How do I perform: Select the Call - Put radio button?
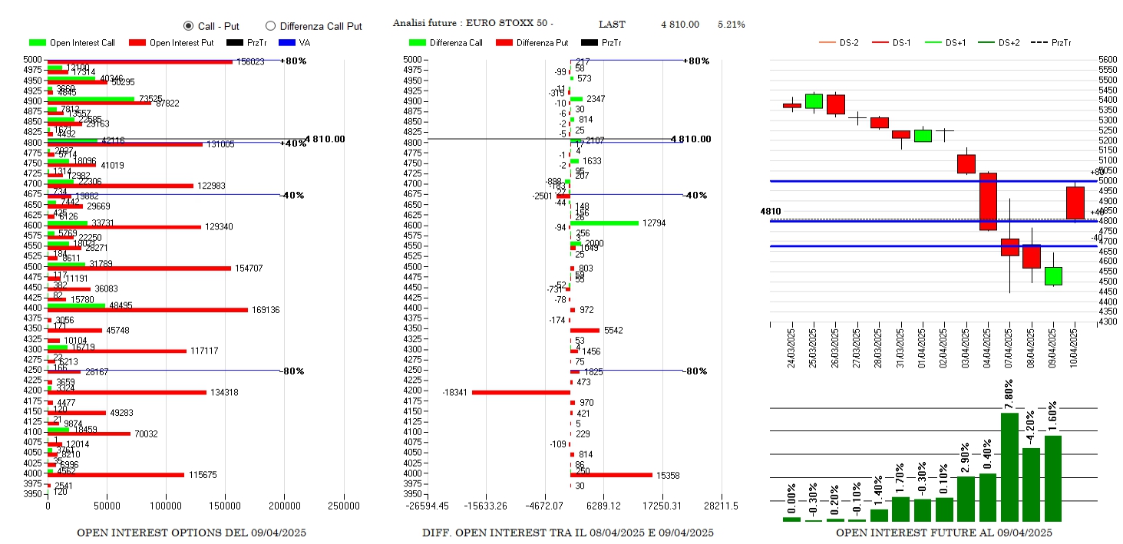189,26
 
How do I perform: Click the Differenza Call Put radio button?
270,26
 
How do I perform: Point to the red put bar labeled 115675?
115,475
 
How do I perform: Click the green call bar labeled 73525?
91,99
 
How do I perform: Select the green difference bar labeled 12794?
604,223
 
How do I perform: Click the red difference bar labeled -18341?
521,392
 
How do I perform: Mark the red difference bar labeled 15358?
611,475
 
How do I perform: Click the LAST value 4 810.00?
679,25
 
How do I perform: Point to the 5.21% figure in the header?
731,25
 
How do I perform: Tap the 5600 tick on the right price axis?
1108,60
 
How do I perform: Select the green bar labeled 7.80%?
1009,467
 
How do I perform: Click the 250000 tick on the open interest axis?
343,506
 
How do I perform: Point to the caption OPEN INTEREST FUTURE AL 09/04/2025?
943,532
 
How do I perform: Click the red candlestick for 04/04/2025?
988,201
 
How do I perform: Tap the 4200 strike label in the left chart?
33,390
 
